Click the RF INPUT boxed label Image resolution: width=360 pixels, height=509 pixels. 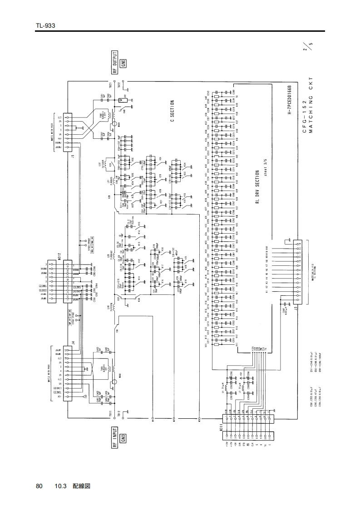115,437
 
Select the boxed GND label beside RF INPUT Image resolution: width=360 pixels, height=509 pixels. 123,437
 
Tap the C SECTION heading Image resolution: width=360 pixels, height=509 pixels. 173,112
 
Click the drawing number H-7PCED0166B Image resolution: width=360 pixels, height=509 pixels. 289,99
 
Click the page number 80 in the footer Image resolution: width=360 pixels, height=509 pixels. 39,486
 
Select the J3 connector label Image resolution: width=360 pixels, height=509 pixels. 296,309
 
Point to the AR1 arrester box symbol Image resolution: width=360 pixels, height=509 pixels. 120,101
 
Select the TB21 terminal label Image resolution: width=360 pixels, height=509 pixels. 111,85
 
